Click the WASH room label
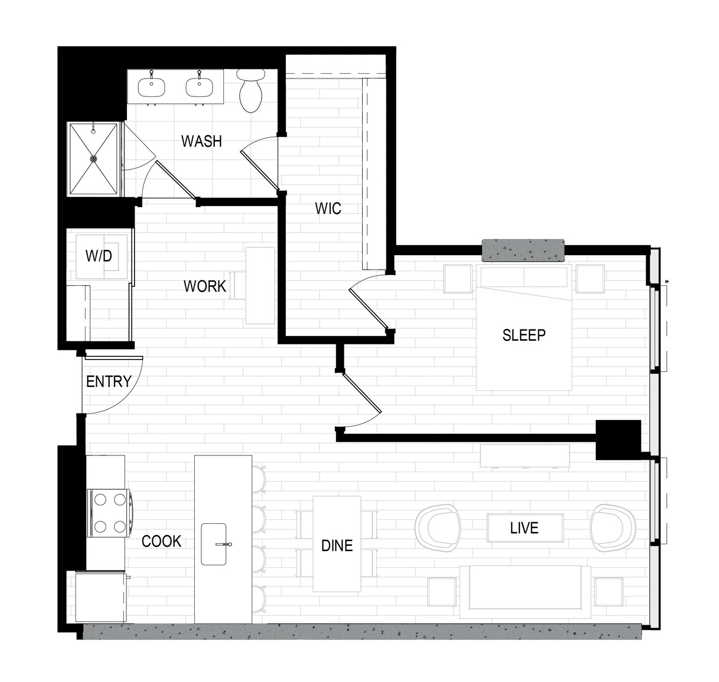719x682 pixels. [201, 141]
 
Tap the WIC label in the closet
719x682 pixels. [328, 208]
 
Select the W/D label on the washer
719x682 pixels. [98, 256]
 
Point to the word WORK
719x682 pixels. [205, 286]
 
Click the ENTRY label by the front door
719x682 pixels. [109, 382]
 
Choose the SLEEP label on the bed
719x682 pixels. [524, 335]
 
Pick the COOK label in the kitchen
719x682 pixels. [161, 542]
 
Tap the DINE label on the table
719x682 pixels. [337, 546]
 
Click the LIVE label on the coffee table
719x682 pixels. [524, 528]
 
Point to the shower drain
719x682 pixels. [94, 159]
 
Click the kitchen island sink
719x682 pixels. [214, 544]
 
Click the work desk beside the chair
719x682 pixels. [260, 285]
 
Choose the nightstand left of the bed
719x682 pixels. [458, 279]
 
